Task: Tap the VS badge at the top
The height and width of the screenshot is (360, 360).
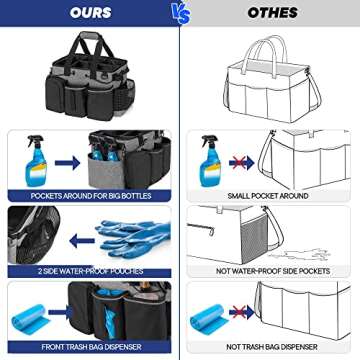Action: click(179, 13)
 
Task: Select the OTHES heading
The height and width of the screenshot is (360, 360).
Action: click(269, 13)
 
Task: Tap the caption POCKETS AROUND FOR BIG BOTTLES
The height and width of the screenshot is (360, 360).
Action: click(89, 194)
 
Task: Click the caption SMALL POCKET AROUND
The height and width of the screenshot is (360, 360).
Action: click(269, 194)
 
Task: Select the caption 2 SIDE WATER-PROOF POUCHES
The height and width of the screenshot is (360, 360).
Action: click(89, 271)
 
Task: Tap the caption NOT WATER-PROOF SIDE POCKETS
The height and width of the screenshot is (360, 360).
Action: click(269, 271)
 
